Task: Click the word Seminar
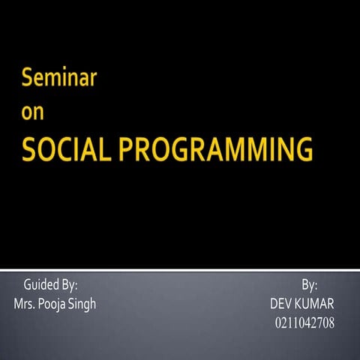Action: coord(58,77)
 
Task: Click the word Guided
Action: coord(40,285)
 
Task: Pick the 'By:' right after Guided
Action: coord(70,285)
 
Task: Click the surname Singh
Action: coord(82,304)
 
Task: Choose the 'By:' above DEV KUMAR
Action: coord(310,285)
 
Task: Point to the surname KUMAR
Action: coord(316,304)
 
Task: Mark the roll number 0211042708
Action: coord(304,323)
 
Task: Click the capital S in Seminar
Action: coord(28,77)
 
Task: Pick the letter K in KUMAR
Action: coord(302,304)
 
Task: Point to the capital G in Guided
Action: coord(28,285)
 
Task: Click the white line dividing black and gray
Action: coord(180,266)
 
